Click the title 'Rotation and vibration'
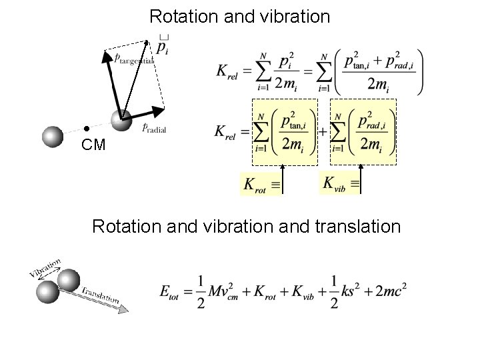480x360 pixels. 239,16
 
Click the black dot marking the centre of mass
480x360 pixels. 86,127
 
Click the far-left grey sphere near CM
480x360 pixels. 53,136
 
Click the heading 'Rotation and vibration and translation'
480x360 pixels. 246,227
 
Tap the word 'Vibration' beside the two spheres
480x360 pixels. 45,267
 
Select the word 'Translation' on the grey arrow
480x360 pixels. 100,294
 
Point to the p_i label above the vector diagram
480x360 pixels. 163,46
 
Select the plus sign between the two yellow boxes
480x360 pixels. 323,131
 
